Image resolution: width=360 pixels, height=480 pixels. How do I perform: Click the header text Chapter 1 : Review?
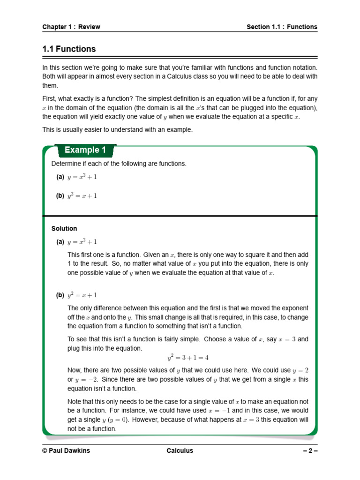71,27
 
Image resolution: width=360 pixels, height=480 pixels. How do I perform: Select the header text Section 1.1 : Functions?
282,27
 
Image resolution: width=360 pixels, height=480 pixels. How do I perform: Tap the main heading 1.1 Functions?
69,49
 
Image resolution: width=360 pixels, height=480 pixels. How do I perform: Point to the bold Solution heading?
64,229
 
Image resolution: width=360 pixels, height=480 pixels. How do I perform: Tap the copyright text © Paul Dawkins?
66,451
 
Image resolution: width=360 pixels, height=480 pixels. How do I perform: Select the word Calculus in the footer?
180,451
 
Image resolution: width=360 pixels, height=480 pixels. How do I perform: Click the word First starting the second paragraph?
50,99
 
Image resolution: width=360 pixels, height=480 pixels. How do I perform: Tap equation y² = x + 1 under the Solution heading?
82,295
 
